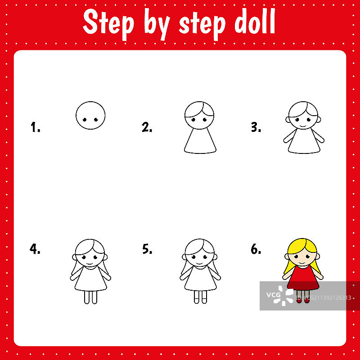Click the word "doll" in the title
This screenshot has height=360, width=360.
click(x=255, y=21)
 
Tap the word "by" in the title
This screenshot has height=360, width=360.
click(x=157, y=24)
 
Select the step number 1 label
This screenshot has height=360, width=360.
click(x=36, y=127)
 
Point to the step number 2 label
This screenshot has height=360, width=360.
click(x=147, y=127)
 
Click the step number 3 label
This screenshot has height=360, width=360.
click(x=256, y=127)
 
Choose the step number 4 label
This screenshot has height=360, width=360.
click(x=35, y=249)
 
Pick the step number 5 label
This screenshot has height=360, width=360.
click(x=147, y=249)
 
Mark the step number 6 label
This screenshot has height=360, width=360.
click(x=256, y=249)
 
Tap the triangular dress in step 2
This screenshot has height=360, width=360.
click(x=200, y=141)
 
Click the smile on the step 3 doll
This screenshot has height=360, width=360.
click(x=303, y=126)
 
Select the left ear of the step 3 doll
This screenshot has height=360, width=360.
click(x=288, y=119)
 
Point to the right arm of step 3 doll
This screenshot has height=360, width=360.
click(x=318, y=136)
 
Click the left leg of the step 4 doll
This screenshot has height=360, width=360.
click(x=86, y=297)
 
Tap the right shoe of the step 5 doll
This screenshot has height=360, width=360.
click(x=204, y=301)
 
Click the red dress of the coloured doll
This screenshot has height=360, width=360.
click(x=303, y=278)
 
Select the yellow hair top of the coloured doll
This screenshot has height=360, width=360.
click(x=302, y=246)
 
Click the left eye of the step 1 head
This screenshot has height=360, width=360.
click(x=85, y=120)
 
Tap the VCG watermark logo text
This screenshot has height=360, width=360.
click(x=273, y=295)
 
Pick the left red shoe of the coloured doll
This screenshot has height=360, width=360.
click(x=299, y=300)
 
